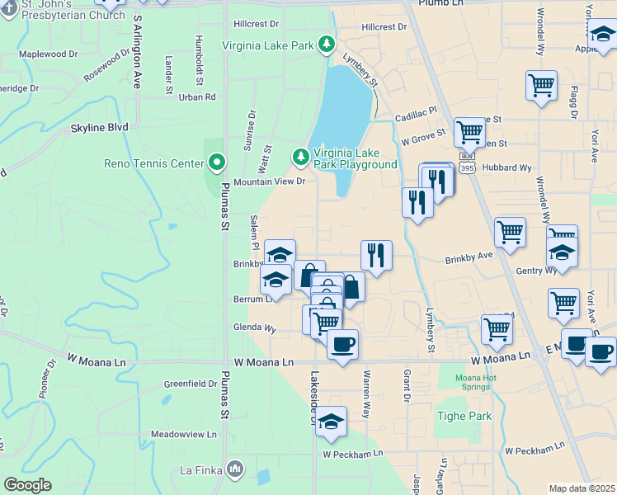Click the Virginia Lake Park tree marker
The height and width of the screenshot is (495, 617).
click(x=327, y=44)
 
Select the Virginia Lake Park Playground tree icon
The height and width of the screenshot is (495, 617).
click(x=301, y=156)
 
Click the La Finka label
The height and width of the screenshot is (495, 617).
click(x=201, y=471)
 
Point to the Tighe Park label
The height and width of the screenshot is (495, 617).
click(x=464, y=416)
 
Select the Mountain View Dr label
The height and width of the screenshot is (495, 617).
click(x=270, y=181)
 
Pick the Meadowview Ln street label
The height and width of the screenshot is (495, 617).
click(x=183, y=434)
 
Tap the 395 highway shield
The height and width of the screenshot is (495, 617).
click(x=468, y=167)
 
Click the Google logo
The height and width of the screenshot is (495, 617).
click(x=27, y=485)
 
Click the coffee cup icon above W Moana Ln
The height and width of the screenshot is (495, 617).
click(x=342, y=343)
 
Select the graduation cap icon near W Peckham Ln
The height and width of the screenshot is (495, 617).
click(x=331, y=422)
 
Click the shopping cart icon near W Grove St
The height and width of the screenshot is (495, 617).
click(x=469, y=131)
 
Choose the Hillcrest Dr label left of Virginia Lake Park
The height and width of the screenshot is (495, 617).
click(x=257, y=25)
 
